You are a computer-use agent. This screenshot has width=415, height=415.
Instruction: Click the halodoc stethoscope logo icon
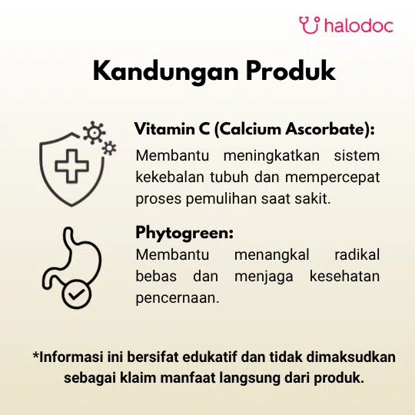[310, 25]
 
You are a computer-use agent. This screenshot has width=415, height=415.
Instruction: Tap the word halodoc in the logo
[359, 25]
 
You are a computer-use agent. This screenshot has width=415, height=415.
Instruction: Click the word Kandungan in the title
[166, 71]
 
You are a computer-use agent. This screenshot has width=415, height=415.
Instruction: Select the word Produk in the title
[290, 70]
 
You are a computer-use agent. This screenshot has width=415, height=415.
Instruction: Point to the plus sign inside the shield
[71, 166]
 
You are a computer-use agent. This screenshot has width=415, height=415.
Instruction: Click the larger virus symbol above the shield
[94, 133]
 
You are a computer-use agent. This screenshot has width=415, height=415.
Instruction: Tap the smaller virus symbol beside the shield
[109, 148]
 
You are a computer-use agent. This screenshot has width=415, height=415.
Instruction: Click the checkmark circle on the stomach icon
[77, 294]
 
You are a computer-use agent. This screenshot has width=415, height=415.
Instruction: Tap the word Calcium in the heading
[250, 129]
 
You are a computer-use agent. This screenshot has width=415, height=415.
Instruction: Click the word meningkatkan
[271, 155]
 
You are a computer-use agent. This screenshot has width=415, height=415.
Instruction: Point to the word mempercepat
[333, 178]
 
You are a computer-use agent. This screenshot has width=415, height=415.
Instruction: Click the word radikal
[357, 254]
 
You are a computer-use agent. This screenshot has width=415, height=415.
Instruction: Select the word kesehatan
[344, 277]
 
